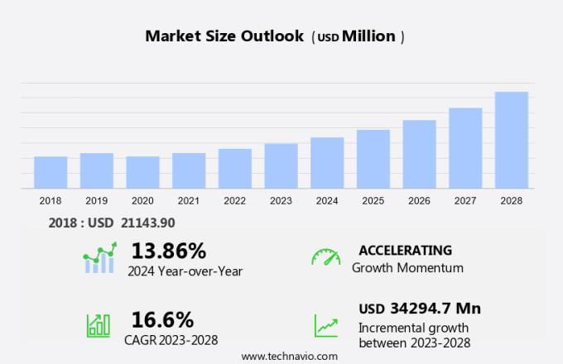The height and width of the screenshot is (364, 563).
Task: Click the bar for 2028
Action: coord(512,140)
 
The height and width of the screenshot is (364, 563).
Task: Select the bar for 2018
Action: coord(51,172)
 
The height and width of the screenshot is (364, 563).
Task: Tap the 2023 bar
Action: coord(281,165)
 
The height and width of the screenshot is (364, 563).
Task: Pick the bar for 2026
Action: coord(419,154)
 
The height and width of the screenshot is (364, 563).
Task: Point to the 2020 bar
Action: coord(142,172)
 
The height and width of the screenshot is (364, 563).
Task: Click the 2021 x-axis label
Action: coord(189,200)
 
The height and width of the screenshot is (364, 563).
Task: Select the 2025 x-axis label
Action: coord(373,200)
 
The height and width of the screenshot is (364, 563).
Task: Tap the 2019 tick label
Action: coord(96,200)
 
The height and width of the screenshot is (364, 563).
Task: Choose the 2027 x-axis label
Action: coord(465,200)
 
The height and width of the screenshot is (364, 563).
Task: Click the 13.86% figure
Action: coord(169,250)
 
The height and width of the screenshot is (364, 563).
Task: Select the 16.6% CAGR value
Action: coord(162,319)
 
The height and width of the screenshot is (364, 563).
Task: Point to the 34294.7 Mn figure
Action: coord(434,309)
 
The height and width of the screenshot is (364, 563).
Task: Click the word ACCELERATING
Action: coord(406,250)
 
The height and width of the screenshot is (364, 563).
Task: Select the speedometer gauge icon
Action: coord(325,257)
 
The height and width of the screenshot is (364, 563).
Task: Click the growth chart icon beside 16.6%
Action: coord(99,325)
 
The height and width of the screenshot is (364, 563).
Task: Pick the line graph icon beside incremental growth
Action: coord(325,325)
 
